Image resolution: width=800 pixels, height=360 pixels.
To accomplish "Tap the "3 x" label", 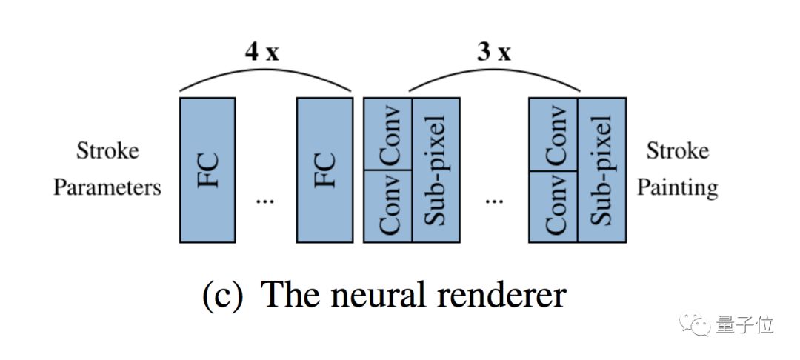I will (493, 53).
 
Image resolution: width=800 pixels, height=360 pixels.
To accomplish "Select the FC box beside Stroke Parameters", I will (207, 170).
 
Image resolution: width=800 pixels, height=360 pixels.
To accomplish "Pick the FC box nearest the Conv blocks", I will (324, 170).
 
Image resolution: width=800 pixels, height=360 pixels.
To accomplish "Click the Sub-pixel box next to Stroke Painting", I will (601, 170).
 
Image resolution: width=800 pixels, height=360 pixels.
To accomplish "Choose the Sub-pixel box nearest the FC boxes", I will (435, 170).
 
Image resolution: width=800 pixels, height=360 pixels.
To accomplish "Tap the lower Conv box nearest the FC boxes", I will (387, 206).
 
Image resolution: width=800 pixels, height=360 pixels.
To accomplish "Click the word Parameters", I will (107, 187).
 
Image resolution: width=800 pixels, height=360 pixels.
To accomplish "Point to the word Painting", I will (677, 187).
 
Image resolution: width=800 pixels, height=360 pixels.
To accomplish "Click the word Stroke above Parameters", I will (107, 151).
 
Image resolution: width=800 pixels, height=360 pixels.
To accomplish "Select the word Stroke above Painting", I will (677, 151).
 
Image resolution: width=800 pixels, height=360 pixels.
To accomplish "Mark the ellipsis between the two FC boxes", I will (264, 200).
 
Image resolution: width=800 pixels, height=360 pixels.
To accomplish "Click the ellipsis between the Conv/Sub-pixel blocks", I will (494, 200).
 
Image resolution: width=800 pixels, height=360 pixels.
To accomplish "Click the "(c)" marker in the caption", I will (222, 295).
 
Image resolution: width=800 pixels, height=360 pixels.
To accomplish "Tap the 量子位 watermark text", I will (746, 325).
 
